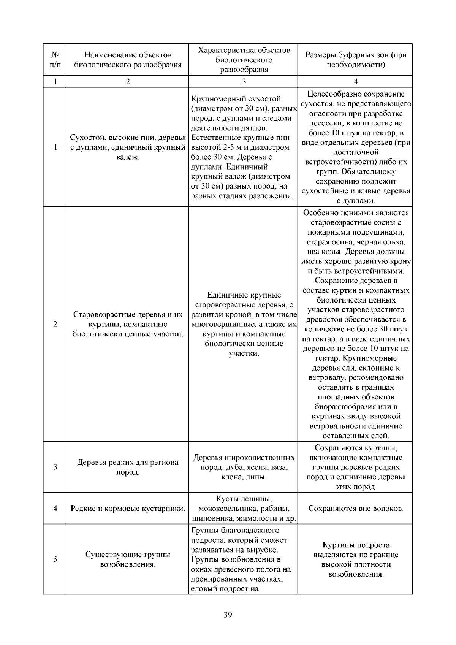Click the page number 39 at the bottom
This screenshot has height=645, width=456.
point(228,615)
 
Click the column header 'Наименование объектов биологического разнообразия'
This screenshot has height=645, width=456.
point(128,60)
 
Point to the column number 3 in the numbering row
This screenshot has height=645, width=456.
point(244,82)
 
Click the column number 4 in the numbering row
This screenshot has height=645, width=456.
point(356,82)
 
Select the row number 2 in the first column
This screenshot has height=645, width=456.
point(55,324)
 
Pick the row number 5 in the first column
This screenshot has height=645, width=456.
point(55,559)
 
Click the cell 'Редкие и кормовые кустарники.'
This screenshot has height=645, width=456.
point(128,509)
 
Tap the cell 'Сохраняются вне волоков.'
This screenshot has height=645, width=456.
point(356,509)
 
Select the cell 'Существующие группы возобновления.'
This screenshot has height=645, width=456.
point(128,559)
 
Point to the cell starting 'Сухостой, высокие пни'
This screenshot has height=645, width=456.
point(128,147)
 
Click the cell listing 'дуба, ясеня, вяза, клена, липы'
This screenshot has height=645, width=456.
point(244,467)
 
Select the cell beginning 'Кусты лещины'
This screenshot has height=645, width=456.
point(244,509)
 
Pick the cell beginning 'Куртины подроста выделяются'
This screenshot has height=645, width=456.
point(356,559)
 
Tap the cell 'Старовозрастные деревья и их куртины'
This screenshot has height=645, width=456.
point(128,324)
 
